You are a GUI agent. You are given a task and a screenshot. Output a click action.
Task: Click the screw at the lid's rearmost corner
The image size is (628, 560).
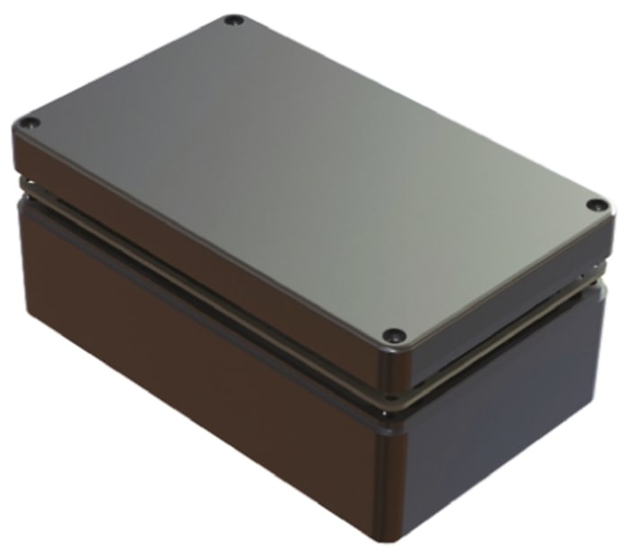click(233, 20)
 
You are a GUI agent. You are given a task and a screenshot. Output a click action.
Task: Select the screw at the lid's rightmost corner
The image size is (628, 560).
click(593, 206)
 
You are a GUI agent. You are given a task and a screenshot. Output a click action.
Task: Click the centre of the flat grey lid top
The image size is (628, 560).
click(305, 171)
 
